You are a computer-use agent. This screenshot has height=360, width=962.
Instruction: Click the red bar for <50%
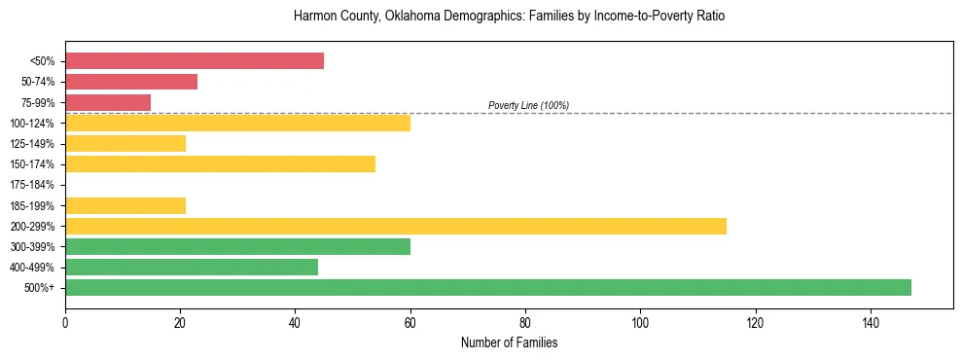[x=195, y=61]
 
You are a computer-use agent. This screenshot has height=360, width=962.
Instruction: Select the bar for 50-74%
[x=131, y=82]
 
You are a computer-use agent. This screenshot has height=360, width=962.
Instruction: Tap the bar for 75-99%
[x=108, y=102]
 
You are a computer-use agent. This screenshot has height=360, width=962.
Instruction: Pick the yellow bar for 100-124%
[x=237, y=123]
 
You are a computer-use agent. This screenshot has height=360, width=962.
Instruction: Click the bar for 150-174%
[x=220, y=163]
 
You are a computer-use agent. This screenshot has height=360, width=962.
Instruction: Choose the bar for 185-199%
[x=125, y=205]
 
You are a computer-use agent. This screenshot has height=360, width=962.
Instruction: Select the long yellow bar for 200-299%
[x=396, y=226]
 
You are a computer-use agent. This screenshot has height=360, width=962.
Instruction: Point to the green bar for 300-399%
[x=237, y=246]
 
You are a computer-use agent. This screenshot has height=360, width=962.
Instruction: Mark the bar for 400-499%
[x=192, y=267]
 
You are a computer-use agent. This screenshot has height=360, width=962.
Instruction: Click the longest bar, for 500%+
[x=488, y=287]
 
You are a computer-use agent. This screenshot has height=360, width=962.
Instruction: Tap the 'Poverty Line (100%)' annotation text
[x=528, y=105]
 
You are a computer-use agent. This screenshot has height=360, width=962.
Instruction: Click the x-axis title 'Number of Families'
[x=509, y=343]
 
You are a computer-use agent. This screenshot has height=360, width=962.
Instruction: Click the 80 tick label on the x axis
[x=525, y=322]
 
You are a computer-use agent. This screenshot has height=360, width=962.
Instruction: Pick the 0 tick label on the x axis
[x=65, y=322]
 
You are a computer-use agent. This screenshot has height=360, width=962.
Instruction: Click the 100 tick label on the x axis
[x=640, y=322]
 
